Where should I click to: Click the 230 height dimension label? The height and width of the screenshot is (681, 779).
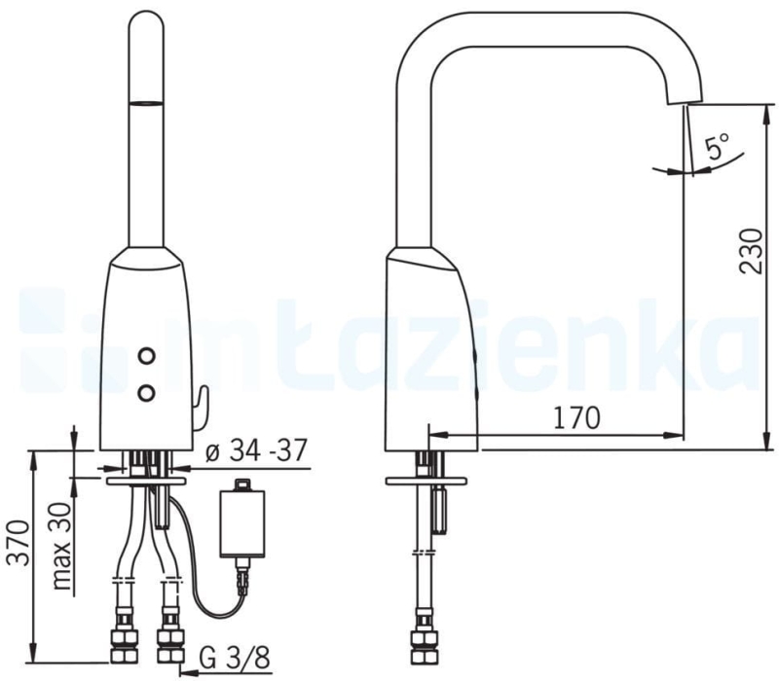tap(751, 251)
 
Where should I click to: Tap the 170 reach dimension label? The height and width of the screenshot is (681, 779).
tap(576, 418)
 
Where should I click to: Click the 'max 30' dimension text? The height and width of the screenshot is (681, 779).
tap(60, 546)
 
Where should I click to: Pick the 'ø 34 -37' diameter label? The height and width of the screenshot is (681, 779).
tap(256, 450)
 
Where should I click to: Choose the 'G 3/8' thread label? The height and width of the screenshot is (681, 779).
tap(235, 659)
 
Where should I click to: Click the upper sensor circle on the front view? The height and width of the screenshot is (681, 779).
tap(147, 355)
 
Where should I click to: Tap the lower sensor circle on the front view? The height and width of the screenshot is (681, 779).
tap(147, 393)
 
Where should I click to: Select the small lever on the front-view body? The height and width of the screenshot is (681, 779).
tap(202, 408)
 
